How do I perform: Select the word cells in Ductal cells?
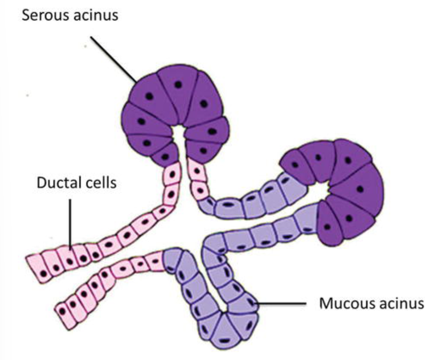pyautogui.click(x=100, y=182)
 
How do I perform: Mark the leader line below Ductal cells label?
pyautogui.click(x=70, y=222)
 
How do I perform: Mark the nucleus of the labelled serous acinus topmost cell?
pyautogui.click(x=177, y=84)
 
